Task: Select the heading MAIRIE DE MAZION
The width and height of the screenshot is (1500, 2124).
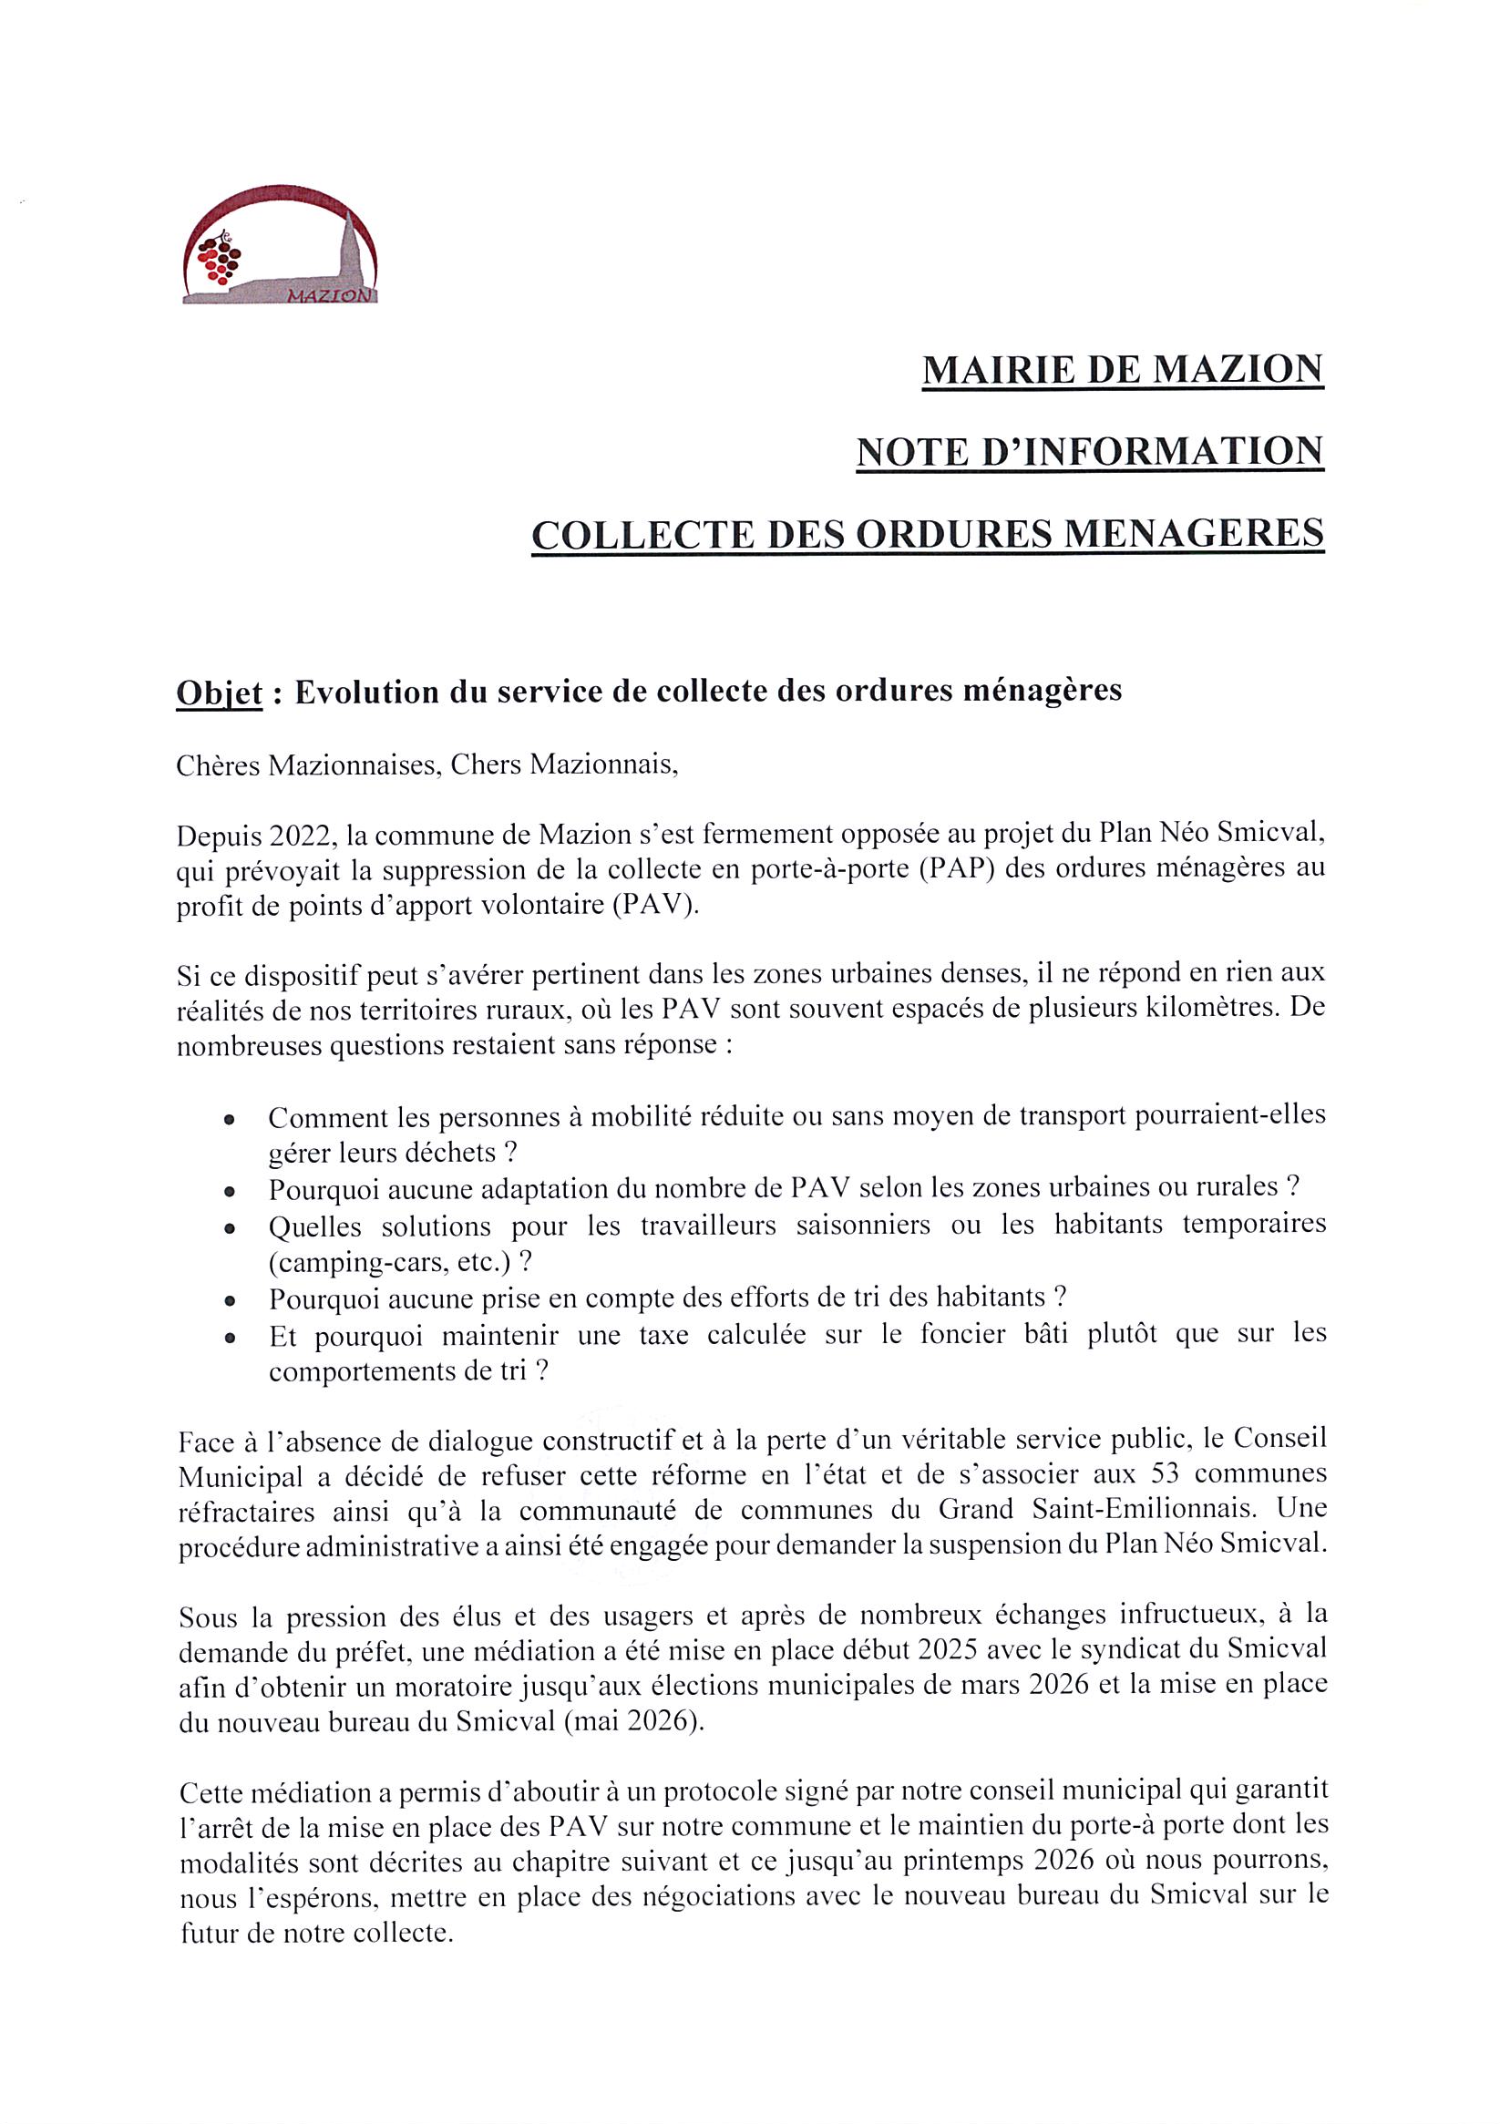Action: tap(1123, 370)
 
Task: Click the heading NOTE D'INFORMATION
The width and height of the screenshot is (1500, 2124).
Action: tap(1089, 452)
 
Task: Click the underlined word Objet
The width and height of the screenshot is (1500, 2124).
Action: tap(220, 693)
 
